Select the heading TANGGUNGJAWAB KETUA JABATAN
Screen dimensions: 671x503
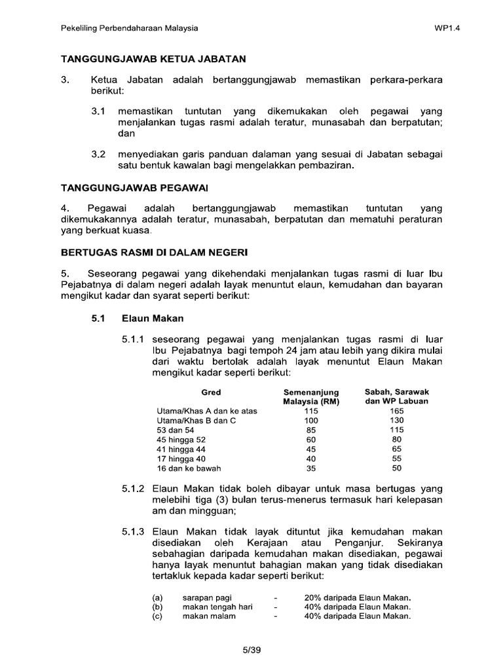coord(153,59)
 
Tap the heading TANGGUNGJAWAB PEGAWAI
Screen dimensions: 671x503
coord(134,188)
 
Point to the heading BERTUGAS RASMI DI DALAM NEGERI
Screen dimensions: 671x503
coord(155,252)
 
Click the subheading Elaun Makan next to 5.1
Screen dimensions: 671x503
coord(153,318)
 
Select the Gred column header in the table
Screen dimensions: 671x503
coord(211,393)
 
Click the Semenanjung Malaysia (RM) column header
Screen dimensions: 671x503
coord(310,397)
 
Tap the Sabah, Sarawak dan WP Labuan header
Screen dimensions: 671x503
coord(396,396)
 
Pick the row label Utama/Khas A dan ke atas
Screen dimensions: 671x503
coord(203,410)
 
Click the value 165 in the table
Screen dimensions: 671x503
coord(397,410)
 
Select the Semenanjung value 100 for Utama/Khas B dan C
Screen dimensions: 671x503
coord(310,420)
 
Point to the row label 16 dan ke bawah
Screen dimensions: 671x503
coord(189,469)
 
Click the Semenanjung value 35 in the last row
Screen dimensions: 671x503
coord(310,469)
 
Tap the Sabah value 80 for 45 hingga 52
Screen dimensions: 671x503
coord(397,440)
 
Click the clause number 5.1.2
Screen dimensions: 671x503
coord(134,489)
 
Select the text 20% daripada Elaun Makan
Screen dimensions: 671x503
coord(358,598)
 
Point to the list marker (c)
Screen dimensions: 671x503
coord(157,617)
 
